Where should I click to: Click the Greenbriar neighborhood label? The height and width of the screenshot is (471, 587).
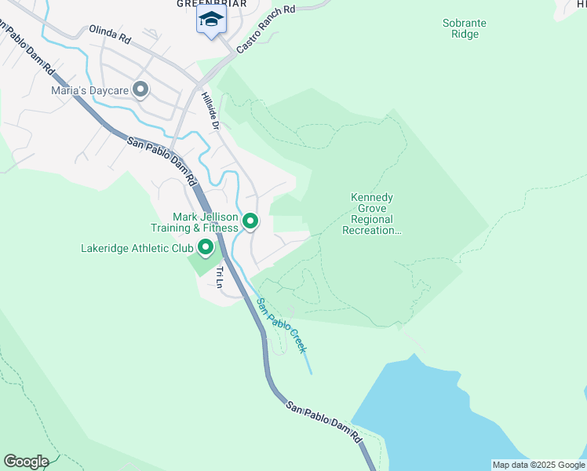click(211, 4)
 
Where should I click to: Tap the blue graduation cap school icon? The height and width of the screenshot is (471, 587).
click(210, 19)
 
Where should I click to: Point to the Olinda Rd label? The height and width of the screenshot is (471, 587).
click(108, 32)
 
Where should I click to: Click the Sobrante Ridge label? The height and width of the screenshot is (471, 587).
click(464, 28)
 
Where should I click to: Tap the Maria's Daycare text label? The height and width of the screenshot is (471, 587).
click(90, 90)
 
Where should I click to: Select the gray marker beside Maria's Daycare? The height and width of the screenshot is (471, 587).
click(140, 90)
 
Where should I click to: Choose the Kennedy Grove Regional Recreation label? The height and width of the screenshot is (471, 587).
click(372, 214)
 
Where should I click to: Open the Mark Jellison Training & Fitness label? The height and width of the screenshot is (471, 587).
click(195, 222)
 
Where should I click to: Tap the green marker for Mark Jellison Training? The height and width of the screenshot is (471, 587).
click(250, 222)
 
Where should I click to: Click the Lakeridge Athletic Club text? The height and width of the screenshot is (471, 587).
click(137, 249)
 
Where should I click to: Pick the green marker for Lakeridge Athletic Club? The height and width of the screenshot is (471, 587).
click(206, 249)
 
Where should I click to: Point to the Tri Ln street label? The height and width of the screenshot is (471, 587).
click(220, 277)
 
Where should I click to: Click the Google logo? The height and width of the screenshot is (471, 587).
click(26, 462)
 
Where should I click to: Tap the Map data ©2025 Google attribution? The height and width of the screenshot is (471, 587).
click(538, 465)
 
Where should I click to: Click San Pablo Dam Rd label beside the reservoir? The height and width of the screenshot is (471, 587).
click(323, 420)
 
